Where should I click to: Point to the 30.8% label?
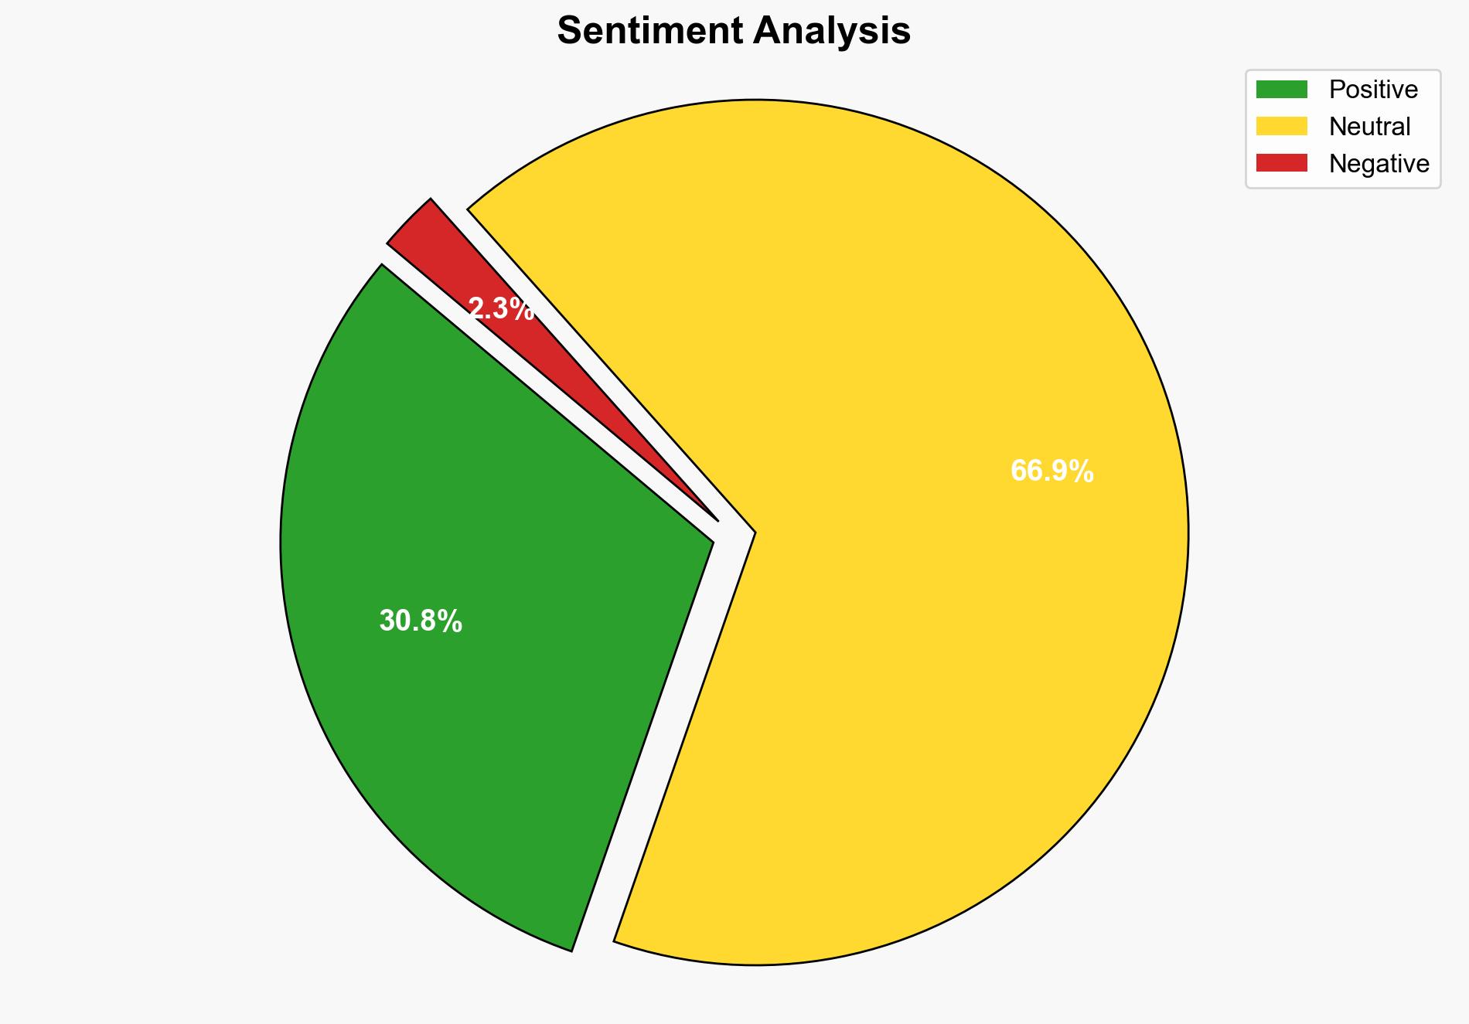pos(421,621)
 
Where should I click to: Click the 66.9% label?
pos(1051,471)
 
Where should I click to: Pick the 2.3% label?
pos(501,309)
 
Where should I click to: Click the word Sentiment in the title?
pos(649,31)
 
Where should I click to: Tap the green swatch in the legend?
pos(1281,90)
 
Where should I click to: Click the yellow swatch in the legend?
pos(1281,126)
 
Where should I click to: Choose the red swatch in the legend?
pos(1281,163)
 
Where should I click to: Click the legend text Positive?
pos(1373,90)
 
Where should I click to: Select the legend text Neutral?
pos(1369,126)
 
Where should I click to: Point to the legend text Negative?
pos(1379,163)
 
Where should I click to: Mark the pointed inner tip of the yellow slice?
pos(753,532)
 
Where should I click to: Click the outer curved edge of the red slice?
pos(409,219)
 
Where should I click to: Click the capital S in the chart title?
pos(570,31)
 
